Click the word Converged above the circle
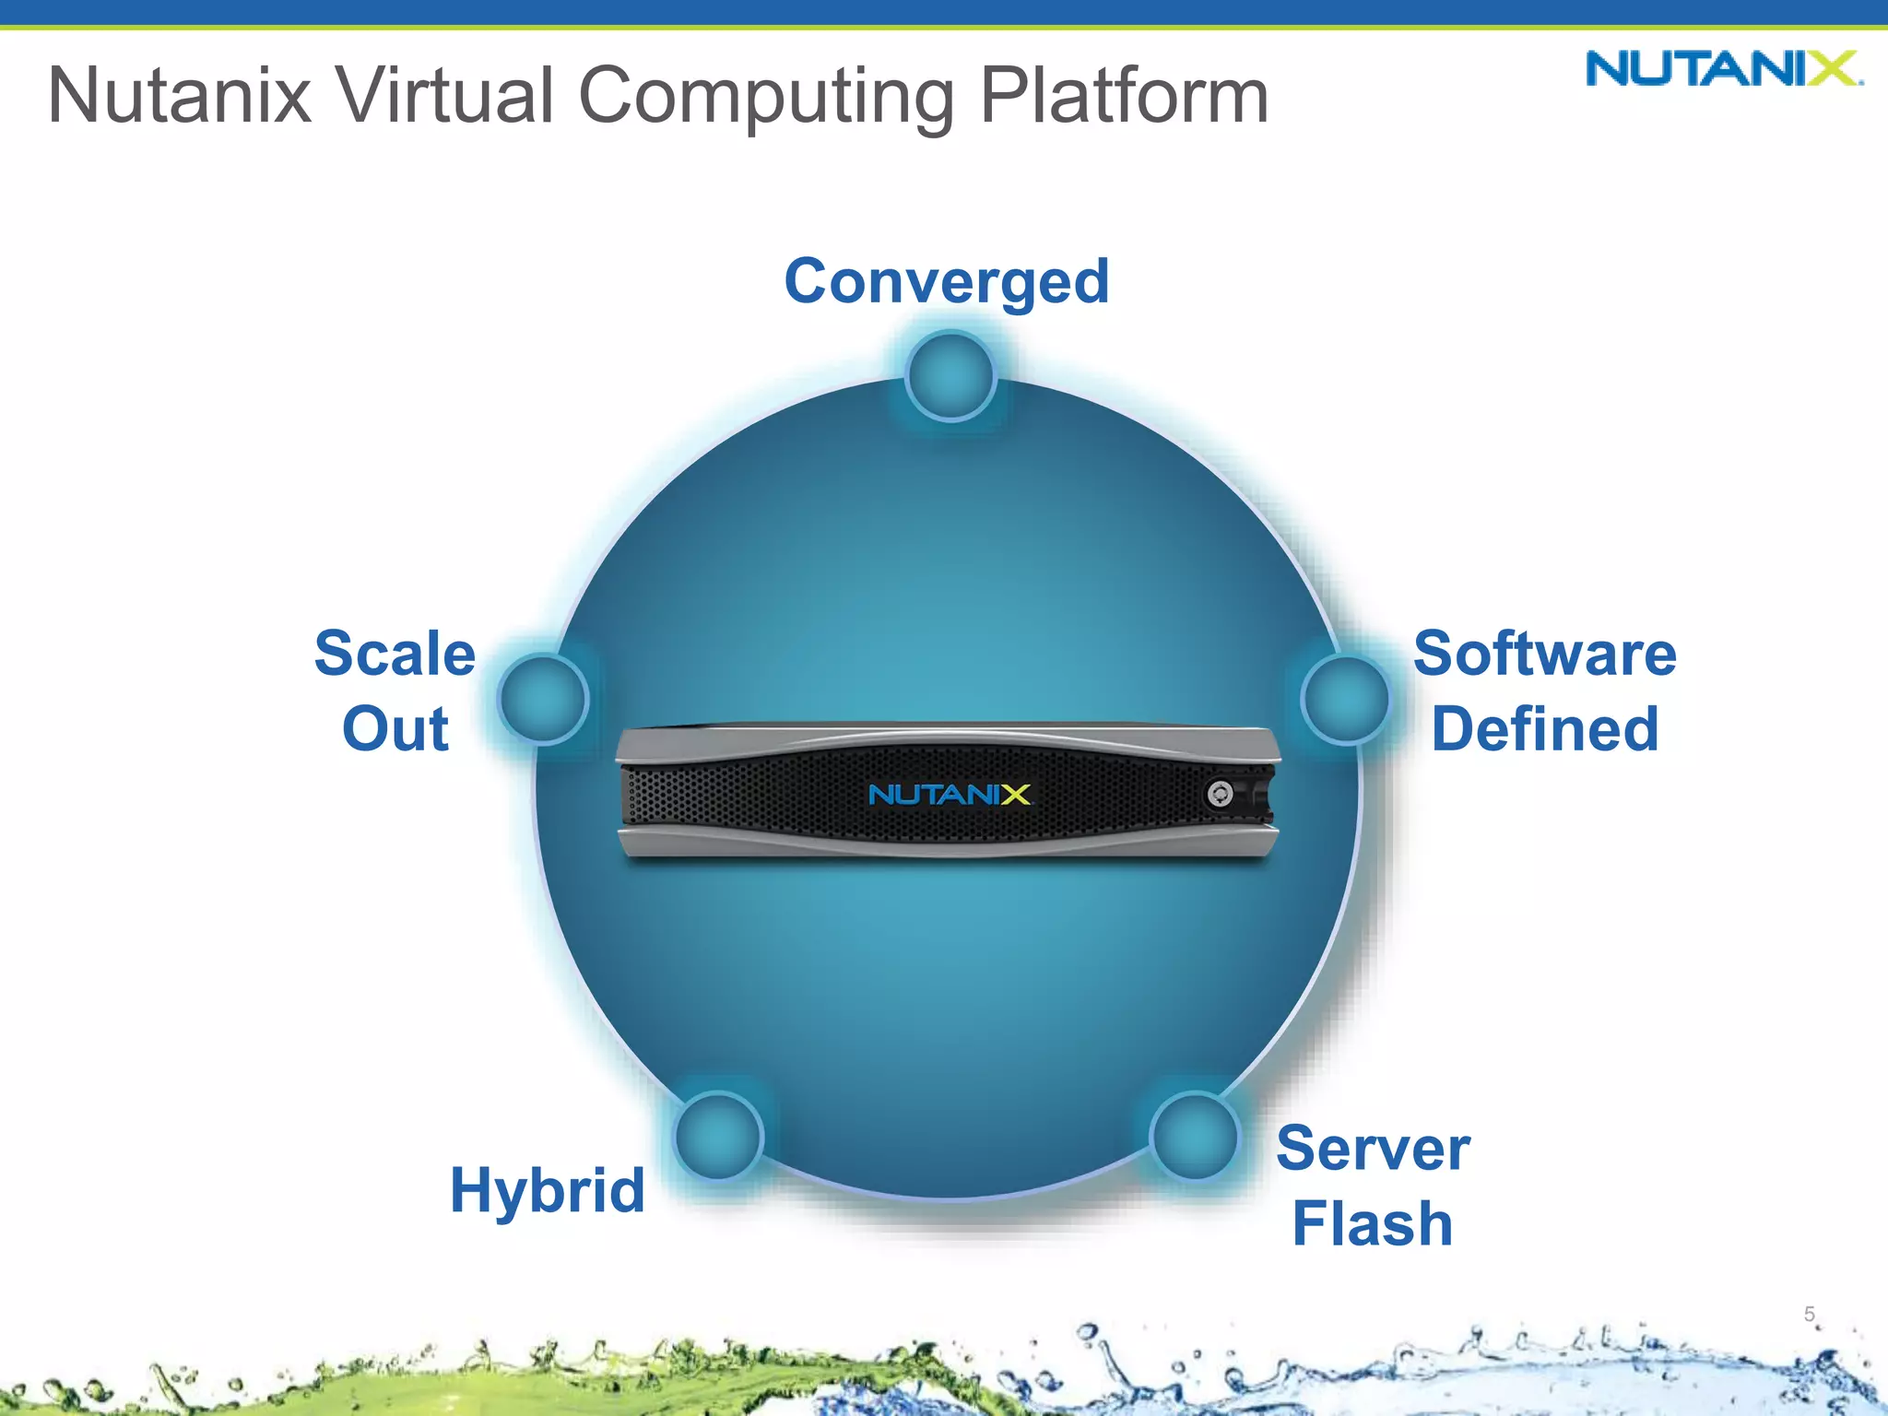pos(947,281)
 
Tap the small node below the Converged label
pos(950,376)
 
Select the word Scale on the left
pos(395,654)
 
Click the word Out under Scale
pos(395,729)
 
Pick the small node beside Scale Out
pos(544,699)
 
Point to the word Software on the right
pos(1545,654)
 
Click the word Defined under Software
pos(1545,729)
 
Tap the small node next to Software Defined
pos(1346,699)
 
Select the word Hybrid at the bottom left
pos(548,1190)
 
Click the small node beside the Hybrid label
pos(718,1136)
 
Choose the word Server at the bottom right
pos(1373,1149)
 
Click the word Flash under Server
pos(1373,1224)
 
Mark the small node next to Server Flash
pos(1195,1136)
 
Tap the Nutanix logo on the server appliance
pos(950,795)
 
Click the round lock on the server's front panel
pos(1220,794)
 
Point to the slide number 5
pos(1810,1314)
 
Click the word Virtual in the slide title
pos(446,95)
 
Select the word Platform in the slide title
pos(1124,95)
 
